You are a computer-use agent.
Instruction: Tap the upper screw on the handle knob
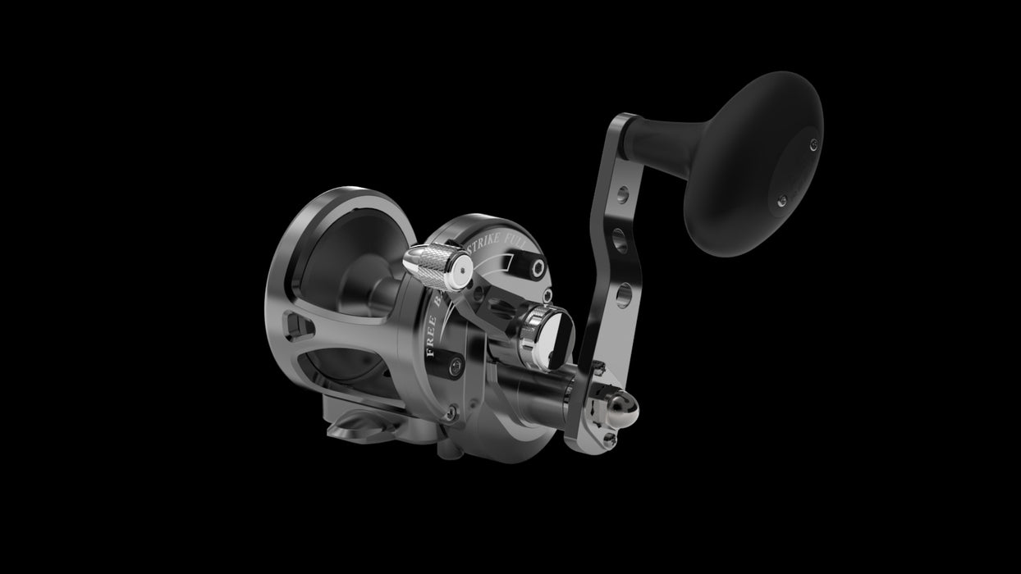click(813, 144)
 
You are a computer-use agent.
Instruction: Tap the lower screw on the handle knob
click(782, 199)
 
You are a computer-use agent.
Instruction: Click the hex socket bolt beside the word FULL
click(538, 270)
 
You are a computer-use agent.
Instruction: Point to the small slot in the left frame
click(299, 328)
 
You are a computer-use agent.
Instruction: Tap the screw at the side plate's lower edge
click(450, 416)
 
